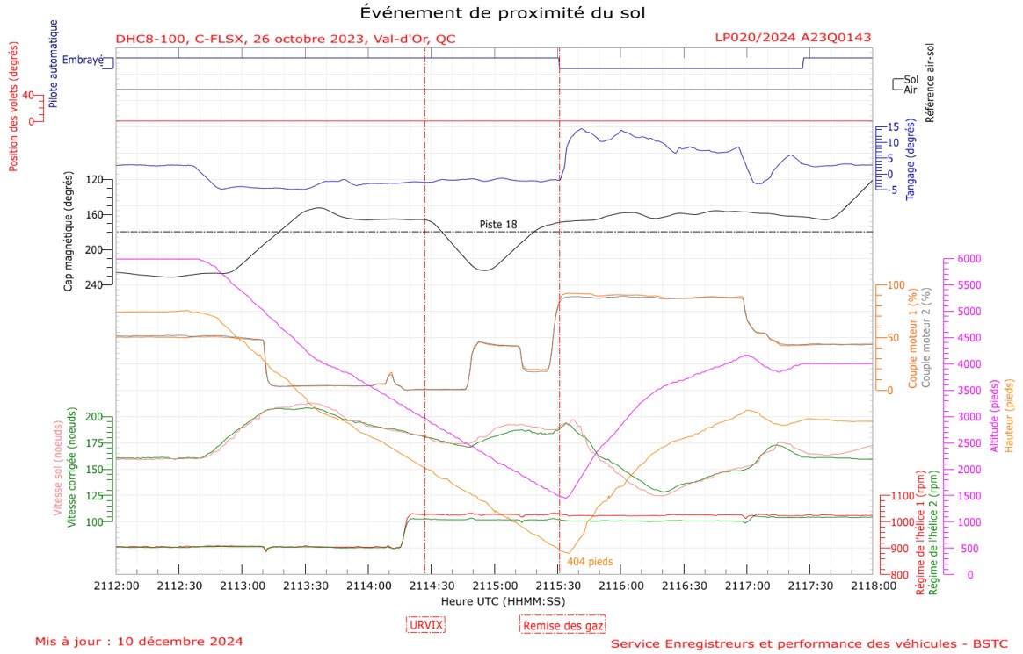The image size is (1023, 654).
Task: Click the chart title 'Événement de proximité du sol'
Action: click(x=507, y=13)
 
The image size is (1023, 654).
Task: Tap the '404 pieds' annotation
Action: click(x=590, y=561)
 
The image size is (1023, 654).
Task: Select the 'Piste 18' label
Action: click(x=497, y=225)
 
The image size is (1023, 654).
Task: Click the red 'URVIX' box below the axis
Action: click(x=426, y=624)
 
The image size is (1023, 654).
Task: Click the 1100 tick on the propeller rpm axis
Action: click(x=903, y=497)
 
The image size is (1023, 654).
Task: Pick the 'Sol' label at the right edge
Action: click(x=911, y=79)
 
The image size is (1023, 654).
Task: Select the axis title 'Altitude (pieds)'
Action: click(x=993, y=416)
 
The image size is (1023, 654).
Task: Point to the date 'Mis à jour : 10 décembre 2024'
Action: click(x=139, y=642)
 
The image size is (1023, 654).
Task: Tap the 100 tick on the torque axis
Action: click(x=897, y=285)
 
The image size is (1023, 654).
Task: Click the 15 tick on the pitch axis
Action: click(x=891, y=126)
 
